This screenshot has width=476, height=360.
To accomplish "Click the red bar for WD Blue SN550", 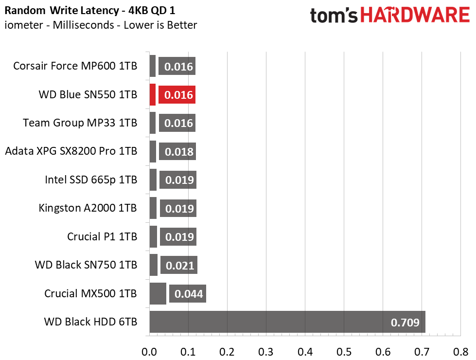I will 152,94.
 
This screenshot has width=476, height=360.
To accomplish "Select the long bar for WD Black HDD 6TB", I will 287,322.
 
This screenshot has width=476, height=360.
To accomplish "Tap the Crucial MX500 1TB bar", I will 158,294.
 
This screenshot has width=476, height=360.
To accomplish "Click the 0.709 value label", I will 405,322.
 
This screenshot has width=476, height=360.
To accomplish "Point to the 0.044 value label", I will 188,294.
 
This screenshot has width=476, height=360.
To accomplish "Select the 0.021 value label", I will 179,266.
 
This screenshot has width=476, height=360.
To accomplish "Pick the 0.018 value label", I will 177,152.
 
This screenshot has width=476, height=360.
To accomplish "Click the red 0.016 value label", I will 177,95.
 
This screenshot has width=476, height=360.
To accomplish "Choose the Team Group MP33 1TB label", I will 80,123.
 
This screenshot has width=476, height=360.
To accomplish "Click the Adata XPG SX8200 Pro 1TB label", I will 71,152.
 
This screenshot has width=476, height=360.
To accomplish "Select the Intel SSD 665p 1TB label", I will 91,180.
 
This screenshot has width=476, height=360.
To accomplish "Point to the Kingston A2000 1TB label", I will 88,208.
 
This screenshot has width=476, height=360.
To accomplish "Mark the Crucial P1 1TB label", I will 102,237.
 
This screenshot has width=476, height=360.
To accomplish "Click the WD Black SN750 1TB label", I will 86,265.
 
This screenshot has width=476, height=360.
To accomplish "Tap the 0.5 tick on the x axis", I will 344,351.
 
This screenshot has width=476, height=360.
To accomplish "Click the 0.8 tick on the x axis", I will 460,351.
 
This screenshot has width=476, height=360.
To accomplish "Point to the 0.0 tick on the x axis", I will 149,351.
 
